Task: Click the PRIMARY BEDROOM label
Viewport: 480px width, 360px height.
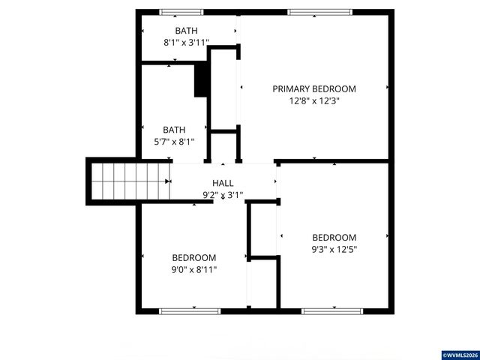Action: pos(313,88)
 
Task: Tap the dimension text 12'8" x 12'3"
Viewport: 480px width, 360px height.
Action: pos(313,101)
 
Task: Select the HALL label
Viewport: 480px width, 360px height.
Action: pos(223,183)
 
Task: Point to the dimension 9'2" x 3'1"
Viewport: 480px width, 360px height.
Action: pos(223,195)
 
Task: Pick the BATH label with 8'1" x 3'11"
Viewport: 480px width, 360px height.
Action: pos(186,31)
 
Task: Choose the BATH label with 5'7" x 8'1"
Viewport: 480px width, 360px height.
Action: pos(175,129)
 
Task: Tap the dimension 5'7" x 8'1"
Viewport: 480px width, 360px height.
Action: pos(175,141)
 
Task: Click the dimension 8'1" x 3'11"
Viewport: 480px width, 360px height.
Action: pos(186,43)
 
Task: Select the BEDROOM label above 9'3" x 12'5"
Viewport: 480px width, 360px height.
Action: pos(334,238)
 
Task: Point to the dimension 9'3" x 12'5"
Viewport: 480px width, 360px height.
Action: pos(334,250)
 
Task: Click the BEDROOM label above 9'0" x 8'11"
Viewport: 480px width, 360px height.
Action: pos(193,257)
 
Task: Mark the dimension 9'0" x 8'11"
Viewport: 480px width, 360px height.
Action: pos(193,269)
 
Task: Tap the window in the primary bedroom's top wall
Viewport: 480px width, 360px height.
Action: pos(319,12)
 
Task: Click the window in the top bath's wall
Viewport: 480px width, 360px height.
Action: pos(181,12)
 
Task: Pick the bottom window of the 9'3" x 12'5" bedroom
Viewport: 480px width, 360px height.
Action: pos(333,310)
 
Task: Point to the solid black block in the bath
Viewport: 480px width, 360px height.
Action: pos(200,79)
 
